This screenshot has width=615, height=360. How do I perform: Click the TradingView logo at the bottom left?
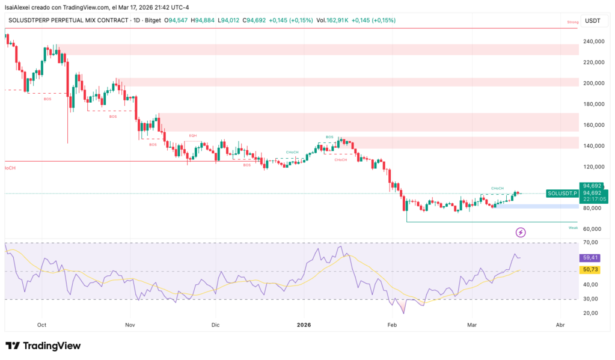point(43,346)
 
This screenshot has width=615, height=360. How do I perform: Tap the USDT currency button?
point(592,20)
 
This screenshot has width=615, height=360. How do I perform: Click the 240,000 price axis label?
point(593,42)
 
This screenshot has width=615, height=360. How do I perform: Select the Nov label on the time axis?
point(130,325)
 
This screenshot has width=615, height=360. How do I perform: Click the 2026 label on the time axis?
point(304,325)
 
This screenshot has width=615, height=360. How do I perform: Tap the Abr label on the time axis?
point(560,325)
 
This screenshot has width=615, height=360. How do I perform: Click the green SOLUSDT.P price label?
point(562,193)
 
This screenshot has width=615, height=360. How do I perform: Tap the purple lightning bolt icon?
point(521,232)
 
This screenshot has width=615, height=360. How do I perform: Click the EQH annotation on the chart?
point(193,136)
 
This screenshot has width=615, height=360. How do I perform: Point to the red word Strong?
point(572,22)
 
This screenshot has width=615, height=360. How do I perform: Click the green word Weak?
point(573,228)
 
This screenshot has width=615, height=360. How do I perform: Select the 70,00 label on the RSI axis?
point(591,242)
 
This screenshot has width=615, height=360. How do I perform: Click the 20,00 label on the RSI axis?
point(591,313)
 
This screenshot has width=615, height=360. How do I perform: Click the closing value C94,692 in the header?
point(251,20)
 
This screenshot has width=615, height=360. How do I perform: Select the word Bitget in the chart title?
point(153,20)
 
